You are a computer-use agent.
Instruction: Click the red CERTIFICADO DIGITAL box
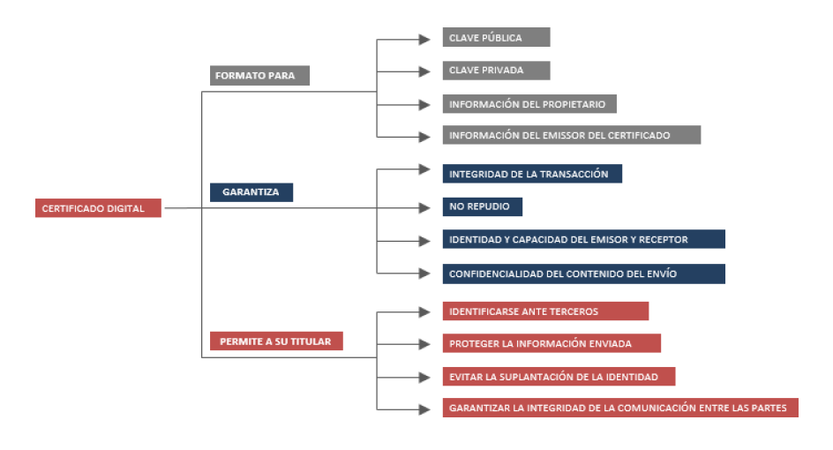98,208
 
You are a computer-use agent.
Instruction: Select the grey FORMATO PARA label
259,76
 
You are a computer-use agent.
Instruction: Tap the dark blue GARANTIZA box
251,192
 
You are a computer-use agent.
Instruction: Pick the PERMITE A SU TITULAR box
276,341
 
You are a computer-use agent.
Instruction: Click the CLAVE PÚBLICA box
496,37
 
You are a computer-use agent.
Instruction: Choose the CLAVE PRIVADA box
496,70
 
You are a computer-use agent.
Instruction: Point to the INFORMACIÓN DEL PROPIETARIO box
529,104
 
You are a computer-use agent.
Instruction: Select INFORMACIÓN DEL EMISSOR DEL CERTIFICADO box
572,135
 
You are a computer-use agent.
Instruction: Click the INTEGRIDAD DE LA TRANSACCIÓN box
532,174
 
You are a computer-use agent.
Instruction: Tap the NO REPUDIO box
483,206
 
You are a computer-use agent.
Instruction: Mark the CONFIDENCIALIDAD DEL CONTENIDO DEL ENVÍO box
584,274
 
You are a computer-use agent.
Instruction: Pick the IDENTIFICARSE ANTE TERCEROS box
545,311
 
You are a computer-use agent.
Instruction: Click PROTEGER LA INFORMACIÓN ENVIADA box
552,343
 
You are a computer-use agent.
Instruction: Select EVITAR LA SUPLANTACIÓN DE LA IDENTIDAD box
559,376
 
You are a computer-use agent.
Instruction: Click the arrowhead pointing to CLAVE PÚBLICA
424,40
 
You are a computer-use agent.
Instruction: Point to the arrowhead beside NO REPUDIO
424,207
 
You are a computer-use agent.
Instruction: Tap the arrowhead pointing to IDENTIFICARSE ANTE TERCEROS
424,311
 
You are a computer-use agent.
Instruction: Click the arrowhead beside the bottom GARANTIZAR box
424,409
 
